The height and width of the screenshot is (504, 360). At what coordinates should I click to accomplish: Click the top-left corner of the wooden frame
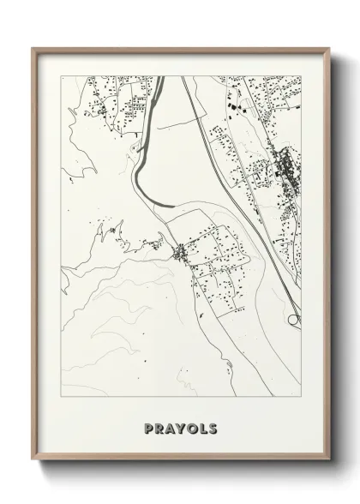(33, 48)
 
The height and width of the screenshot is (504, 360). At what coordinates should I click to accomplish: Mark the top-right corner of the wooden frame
(328, 48)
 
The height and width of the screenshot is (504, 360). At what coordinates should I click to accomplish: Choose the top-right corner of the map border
(302, 76)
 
